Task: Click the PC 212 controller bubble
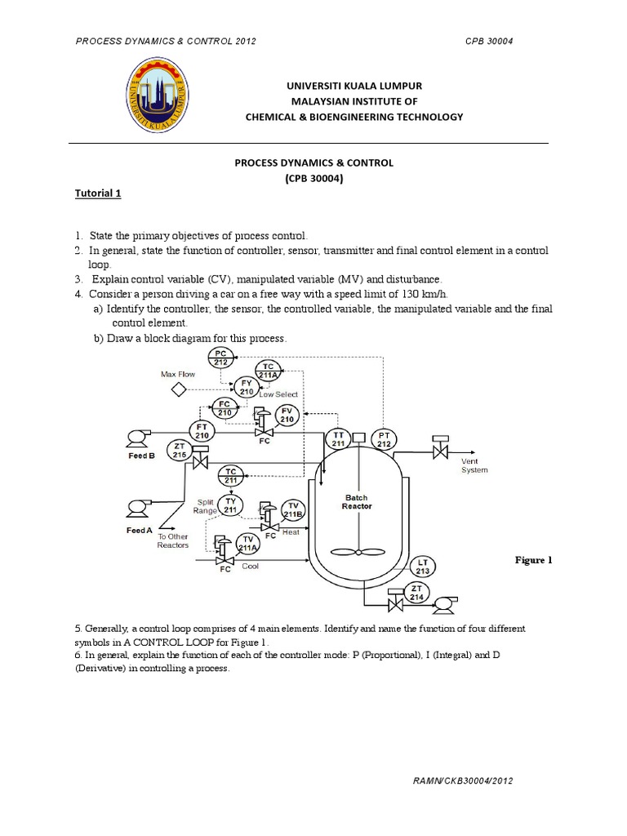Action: (x=220, y=358)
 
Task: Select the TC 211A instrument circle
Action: (x=268, y=370)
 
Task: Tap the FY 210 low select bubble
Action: (x=246, y=386)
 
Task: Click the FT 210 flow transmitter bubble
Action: (x=202, y=430)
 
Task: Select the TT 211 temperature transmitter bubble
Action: (x=338, y=439)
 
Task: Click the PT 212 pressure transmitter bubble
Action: (x=383, y=439)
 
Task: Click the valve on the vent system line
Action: (x=441, y=449)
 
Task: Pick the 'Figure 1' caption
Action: (x=533, y=560)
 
